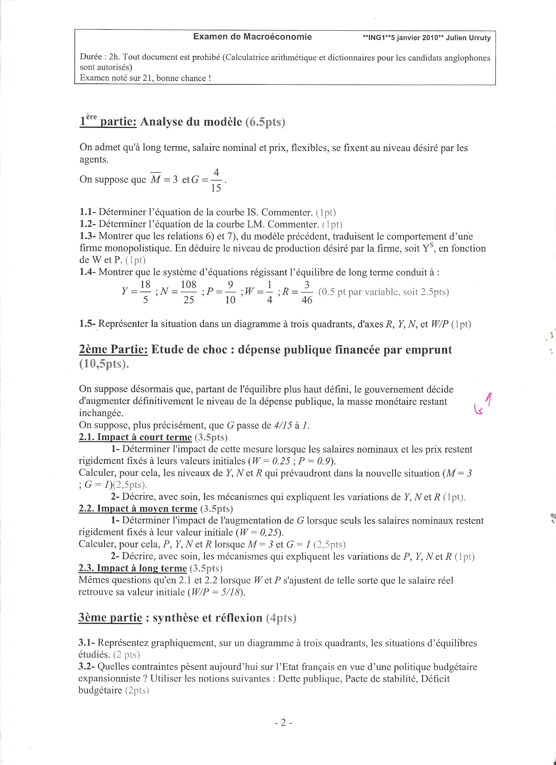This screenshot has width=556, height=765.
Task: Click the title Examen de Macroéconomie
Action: pyautogui.click(x=252, y=37)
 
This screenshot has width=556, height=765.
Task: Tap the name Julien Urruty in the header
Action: pyautogui.click(x=468, y=38)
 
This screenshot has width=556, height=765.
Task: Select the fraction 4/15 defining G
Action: pyautogui.click(x=216, y=180)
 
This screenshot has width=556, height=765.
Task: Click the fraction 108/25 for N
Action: pyautogui.click(x=188, y=292)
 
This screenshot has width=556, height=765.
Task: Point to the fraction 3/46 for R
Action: pyautogui.click(x=306, y=292)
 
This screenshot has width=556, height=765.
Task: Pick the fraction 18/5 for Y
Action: pyautogui.click(x=145, y=292)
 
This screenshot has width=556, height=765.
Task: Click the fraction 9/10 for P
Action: pyautogui.click(x=231, y=292)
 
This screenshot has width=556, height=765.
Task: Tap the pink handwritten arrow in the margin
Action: pyautogui.click(x=483, y=404)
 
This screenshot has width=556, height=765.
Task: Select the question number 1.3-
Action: pyautogui.click(x=88, y=236)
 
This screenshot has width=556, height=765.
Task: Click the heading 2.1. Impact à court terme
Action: pyautogui.click(x=135, y=437)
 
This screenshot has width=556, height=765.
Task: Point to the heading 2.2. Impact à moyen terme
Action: pyautogui.click(x=138, y=508)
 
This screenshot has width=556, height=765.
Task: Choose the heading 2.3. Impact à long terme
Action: pyautogui.click(x=132, y=568)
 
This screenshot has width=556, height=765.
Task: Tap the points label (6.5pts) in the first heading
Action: pyautogui.click(x=265, y=122)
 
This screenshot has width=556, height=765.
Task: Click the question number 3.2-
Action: pyautogui.click(x=87, y=667)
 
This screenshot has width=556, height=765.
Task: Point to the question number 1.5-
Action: pyautogui.click(x=88, y=324)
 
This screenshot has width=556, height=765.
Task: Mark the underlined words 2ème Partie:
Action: pyautogui.click(x=113, y=349)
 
